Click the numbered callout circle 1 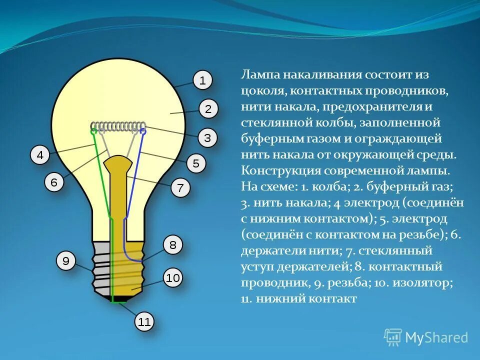point(202,80)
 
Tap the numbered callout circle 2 point(208,109)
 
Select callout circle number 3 point(207,137)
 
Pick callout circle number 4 point(40,155)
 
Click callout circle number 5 point(196,163)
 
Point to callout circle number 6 point(54,182)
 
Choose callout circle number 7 point(180,188)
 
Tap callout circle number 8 point(173,245)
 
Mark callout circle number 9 point(65,261)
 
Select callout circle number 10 point(172,278)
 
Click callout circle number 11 point(144,322)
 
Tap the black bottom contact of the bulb point(118,298)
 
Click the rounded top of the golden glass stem point(118,162)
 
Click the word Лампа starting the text point(260,75)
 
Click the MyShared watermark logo point(426,337)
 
